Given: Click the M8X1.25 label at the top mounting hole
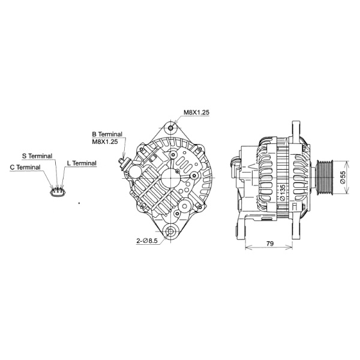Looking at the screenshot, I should click(x=196, y=112).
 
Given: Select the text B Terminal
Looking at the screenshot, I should click(x=107, y=134).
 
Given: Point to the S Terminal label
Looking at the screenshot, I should click(x=37, y=155).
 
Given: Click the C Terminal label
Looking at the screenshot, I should click(x=25, y=167).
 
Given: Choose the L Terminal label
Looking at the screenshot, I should click(x=82, y=163).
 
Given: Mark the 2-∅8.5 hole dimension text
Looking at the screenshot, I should click(x=146, y=241).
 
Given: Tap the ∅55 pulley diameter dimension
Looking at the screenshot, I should click(x=343, y=177).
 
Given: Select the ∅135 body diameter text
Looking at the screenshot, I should click(x=282, y=191).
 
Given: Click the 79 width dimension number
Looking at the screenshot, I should click(x=270, y=244).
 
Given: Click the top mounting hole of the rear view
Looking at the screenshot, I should click(x=172, y=128).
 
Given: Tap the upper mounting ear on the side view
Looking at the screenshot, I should click(x=296, y=131).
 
